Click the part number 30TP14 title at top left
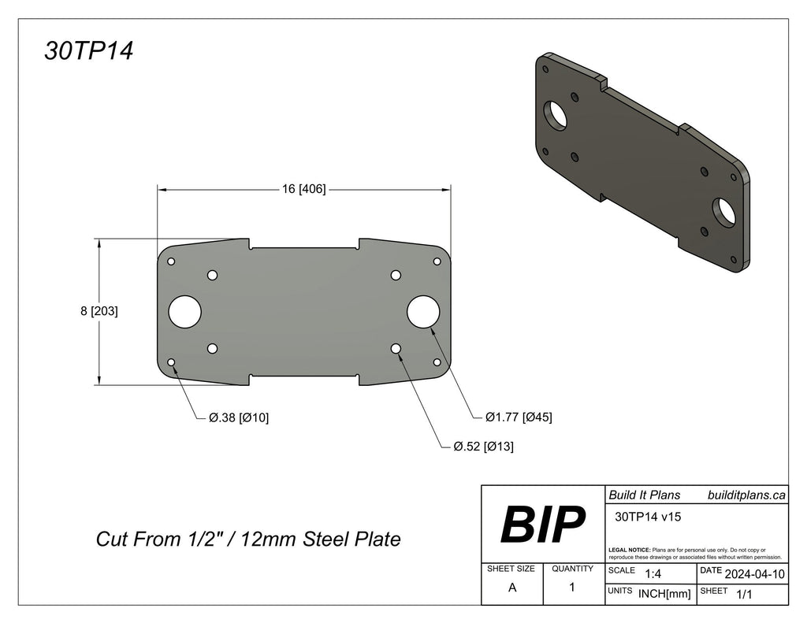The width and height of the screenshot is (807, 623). pyautogui.click(x=89, y=51)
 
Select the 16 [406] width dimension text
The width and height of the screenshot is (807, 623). pyautogui.click(x=303, y=189)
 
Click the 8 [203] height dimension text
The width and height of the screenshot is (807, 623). pyautogui.click(x=99, y=311)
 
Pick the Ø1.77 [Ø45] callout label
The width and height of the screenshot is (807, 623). pyautogui.click(x=519, y=417)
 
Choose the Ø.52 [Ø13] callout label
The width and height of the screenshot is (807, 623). pyautogui.click(x=484, y=447)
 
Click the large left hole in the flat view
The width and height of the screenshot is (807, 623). pyautogui.click(x=185, y=311)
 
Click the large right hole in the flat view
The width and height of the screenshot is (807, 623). pyautogui.click(x=422, y=311)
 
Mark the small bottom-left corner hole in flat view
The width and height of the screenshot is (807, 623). pyautogui.click(x=172, y=362)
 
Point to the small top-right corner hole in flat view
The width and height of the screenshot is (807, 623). pyautogui.click(x=437, y=261)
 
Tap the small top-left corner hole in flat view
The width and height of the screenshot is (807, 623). pyautogui.click(x=172, y=261)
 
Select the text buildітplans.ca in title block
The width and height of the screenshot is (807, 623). pyautogui.click(x=746, y=495)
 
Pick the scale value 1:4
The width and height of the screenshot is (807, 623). pyautogui.click(x=653, y=574)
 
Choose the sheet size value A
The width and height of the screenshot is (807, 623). pyautogui.click(x=512, y=588)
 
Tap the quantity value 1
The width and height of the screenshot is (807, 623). pyautogui.click(x=572, y=588)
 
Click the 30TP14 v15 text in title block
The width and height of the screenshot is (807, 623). pyautogui.click(x=647, y=517)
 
